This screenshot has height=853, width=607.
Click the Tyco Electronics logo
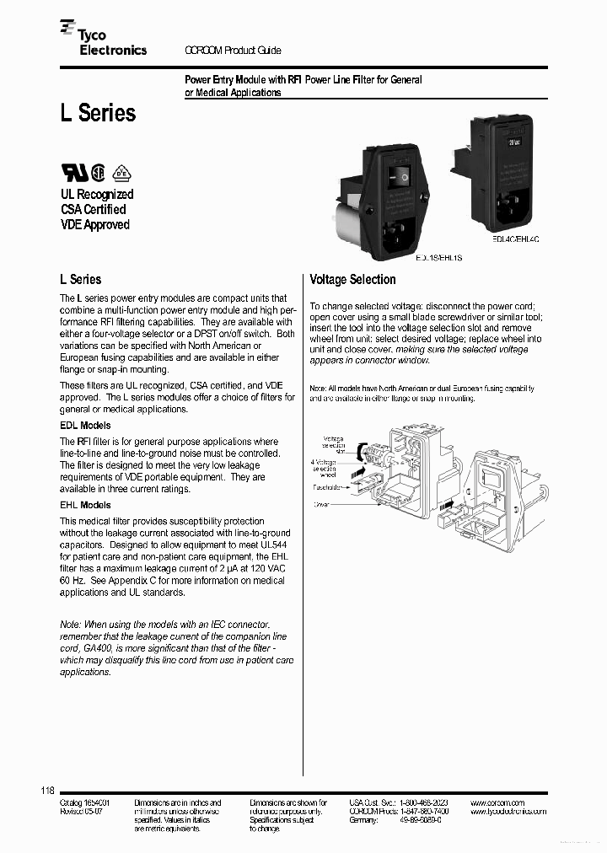click(x=103, y=43)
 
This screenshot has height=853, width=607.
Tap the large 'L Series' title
click(x=97, y=113)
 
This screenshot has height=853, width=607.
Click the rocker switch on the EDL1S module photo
click(x=399, y=175)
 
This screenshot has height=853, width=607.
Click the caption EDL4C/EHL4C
click(x=515, y=239)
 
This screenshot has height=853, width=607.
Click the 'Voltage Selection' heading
click(x=352, y=280)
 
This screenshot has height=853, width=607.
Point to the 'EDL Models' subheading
click(x=84, y=426)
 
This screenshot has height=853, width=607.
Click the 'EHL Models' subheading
click(x=84, y=505)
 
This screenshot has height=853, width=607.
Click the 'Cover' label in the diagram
click(x=323, y=506)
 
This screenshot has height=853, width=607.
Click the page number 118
click(x=47, y=790)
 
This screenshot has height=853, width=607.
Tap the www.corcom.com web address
click(x=497, y=803)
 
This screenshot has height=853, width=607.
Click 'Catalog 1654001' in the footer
click(x=85, y=803)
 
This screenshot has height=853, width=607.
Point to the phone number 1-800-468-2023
click(x=426, y=803)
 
